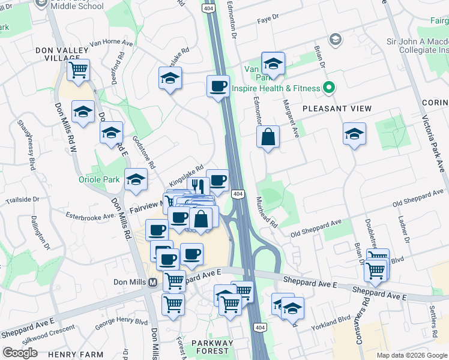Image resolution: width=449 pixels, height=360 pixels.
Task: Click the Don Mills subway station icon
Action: pos(152,282)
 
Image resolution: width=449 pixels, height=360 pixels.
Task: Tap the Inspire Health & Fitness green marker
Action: pos(328,88)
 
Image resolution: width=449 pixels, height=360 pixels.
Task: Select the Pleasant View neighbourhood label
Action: pos(337,109)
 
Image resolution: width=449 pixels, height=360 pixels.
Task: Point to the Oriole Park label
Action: pos(99,179)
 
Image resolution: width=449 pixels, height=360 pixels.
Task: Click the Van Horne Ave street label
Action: pos(110,43)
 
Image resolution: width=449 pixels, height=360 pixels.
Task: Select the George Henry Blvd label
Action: pos(121,326)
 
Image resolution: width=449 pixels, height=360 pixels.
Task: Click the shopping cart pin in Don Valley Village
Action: pos(79,70)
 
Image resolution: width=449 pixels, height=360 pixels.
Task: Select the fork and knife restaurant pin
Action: pos(196,186)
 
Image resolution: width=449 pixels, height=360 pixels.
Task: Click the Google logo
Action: pos(20,353)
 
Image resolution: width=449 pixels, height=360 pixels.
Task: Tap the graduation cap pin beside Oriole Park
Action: pos(136,179)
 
